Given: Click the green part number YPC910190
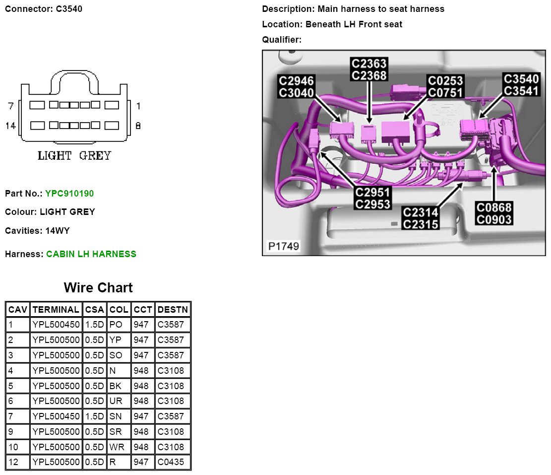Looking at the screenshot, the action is pos(69,194).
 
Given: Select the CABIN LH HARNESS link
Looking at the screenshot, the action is pos(91,254).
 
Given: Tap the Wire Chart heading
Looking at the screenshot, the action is pos(98,287).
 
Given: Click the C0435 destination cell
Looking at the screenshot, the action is pos(171,462).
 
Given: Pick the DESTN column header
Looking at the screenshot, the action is pos(173,309).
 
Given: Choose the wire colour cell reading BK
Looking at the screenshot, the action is pos(119,386).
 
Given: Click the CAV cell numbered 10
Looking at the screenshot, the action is pos(17,447).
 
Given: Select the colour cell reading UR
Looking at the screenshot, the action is pos(119,401).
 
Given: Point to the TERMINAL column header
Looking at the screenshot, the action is pos(56,309).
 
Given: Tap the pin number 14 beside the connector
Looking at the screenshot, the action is pos(10,126).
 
